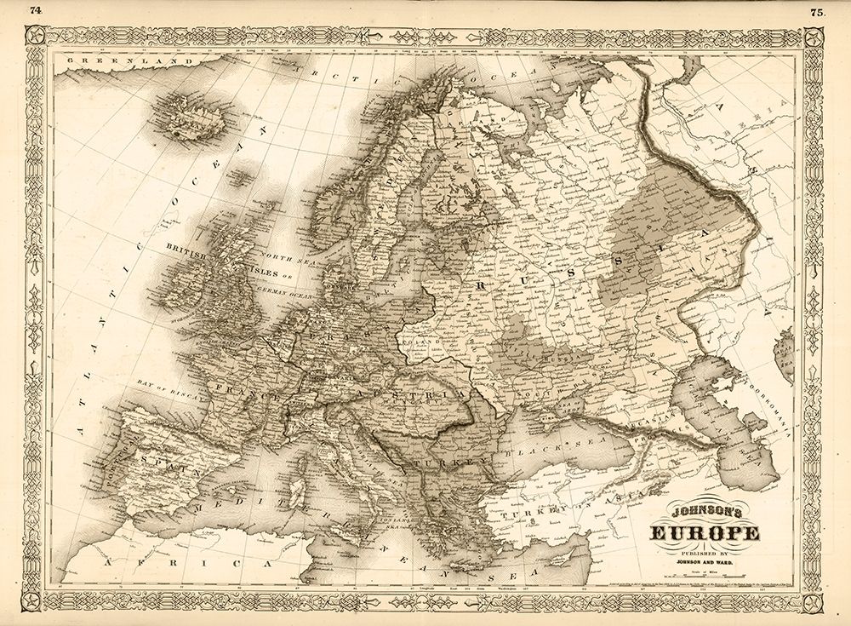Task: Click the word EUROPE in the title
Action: [x=705, y=534]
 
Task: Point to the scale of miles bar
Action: [x=705, y=579]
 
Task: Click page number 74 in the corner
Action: [x=35, y=11]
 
